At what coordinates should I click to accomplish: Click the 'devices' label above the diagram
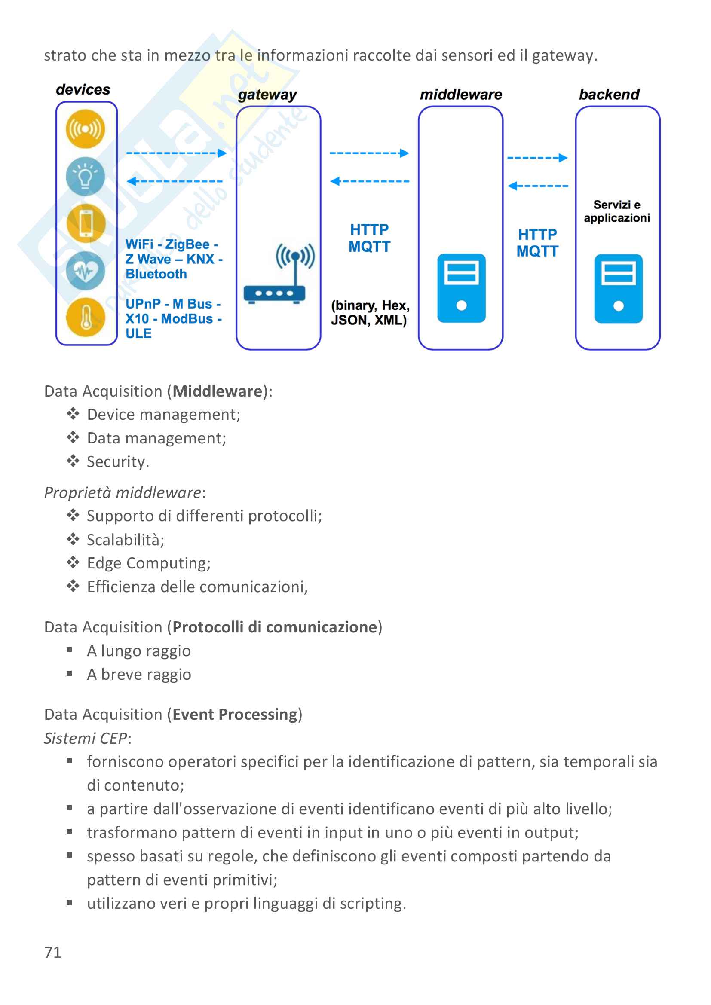point(83,90)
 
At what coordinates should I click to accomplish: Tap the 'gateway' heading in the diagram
point(267,95)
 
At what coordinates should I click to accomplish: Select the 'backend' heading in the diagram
point(609,95)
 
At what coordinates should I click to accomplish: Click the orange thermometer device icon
point(86,318)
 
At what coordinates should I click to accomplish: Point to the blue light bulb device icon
point(86,177)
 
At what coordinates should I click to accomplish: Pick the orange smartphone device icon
point(86,223)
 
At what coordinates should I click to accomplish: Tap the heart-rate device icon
point(86,271)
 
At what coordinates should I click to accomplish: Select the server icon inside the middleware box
point(461,288)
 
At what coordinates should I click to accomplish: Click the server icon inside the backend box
point(618,289)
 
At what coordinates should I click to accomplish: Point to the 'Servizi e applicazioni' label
point(617,211)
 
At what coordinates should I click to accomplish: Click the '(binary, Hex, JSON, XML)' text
point(370,313)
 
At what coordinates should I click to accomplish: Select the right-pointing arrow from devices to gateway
point(176,153)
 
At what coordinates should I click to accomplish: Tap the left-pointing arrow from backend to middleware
point(538,186)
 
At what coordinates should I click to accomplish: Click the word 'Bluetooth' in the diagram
point(156,274)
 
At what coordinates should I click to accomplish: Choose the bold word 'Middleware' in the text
point(217,391)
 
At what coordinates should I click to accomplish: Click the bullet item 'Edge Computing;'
point(148,563)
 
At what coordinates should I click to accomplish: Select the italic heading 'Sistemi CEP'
point(86,739)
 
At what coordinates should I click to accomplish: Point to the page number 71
point(53,952)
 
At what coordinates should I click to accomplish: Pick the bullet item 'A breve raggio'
point(139,675)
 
